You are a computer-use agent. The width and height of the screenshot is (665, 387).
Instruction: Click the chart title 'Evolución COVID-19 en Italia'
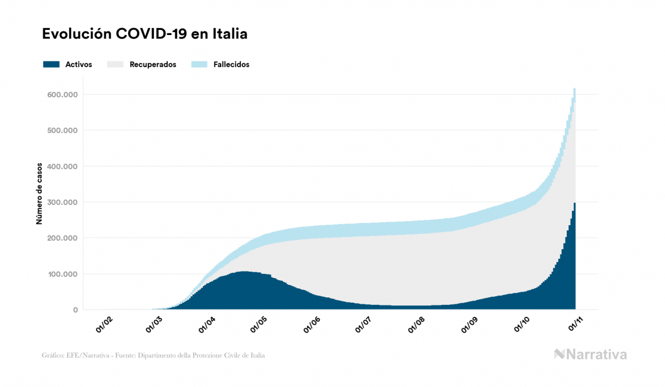(x=145, y=34)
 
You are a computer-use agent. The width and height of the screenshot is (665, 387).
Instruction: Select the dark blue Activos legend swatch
(x=51, y=64)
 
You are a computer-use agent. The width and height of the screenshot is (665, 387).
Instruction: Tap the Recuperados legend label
(x=153, y=64)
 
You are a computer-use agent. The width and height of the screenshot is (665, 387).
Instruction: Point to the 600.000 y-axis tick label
(x=63, y=94)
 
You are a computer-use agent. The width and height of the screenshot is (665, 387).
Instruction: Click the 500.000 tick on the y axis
(x=63, y=130)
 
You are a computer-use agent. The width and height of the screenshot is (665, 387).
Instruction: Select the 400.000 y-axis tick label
(x=63, y=167)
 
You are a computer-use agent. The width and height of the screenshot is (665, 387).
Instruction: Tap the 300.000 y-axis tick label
(x=63, y=202)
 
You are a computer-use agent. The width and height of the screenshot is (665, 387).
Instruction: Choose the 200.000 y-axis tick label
(x=63, y=238)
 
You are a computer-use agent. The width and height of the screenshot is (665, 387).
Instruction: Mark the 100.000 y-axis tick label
(x=63, y=274)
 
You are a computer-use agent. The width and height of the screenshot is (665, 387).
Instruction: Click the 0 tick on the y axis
(x=75, y=310)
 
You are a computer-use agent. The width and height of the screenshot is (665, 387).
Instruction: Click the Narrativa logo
(x=590, y=354)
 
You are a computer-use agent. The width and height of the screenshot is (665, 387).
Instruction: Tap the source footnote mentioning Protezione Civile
(x=153, y=355)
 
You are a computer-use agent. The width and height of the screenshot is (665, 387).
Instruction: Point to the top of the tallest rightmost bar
(x=574, y=89)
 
